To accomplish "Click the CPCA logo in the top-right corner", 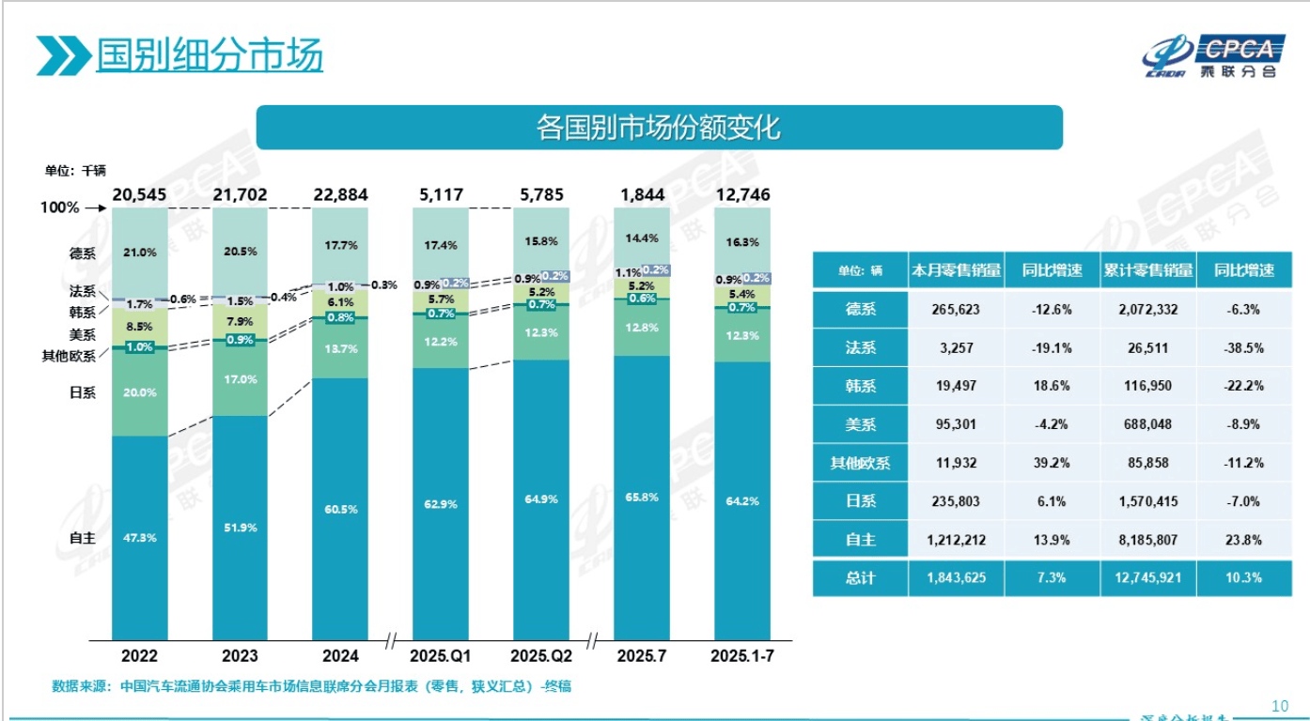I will point(1209,56).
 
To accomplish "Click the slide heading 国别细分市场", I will point(209,54).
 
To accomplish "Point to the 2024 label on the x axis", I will point(340,654).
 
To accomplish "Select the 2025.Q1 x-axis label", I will point(441,654).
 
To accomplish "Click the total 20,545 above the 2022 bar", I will point(139,194).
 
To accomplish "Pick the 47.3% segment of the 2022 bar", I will point(140,538).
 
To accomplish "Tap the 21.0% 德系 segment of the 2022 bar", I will point(140,253).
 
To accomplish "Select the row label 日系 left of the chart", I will point(82,392).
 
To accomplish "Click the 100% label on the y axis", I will point(60,207).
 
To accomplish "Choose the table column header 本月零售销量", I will point(956,270).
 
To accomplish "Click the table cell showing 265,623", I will point(956,309).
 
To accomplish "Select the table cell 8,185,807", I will point(1147,540).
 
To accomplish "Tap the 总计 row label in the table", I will point(860,578).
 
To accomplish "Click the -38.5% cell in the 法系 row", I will point(1243,347).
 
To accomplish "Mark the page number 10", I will point(1279,706).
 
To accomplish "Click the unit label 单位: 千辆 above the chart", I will point(75,170).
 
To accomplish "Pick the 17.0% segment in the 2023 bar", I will point(240,379).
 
